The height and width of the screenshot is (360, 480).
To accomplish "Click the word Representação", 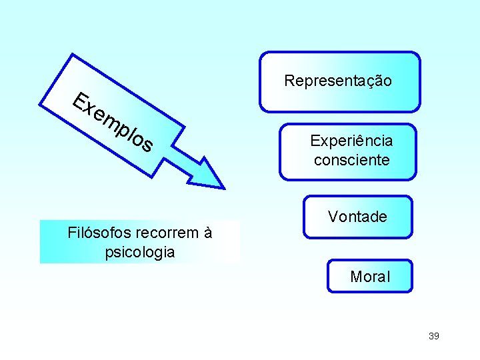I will point(338,81).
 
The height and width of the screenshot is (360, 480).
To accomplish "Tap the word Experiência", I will point(351,141).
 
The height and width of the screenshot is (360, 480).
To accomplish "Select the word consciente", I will point(351,160).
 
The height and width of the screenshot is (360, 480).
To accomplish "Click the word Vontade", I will point(357,217).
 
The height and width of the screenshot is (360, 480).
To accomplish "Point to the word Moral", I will point(370,276).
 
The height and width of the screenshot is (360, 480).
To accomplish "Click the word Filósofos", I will point(99,233).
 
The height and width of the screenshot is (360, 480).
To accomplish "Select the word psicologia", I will point(140,253).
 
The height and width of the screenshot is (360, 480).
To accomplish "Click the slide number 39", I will point(433,336).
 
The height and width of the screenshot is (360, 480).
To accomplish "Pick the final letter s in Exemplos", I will point(147,145).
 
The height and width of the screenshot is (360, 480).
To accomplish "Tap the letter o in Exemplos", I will point(139,141).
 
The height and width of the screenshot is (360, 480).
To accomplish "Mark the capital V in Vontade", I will point(333,217).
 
